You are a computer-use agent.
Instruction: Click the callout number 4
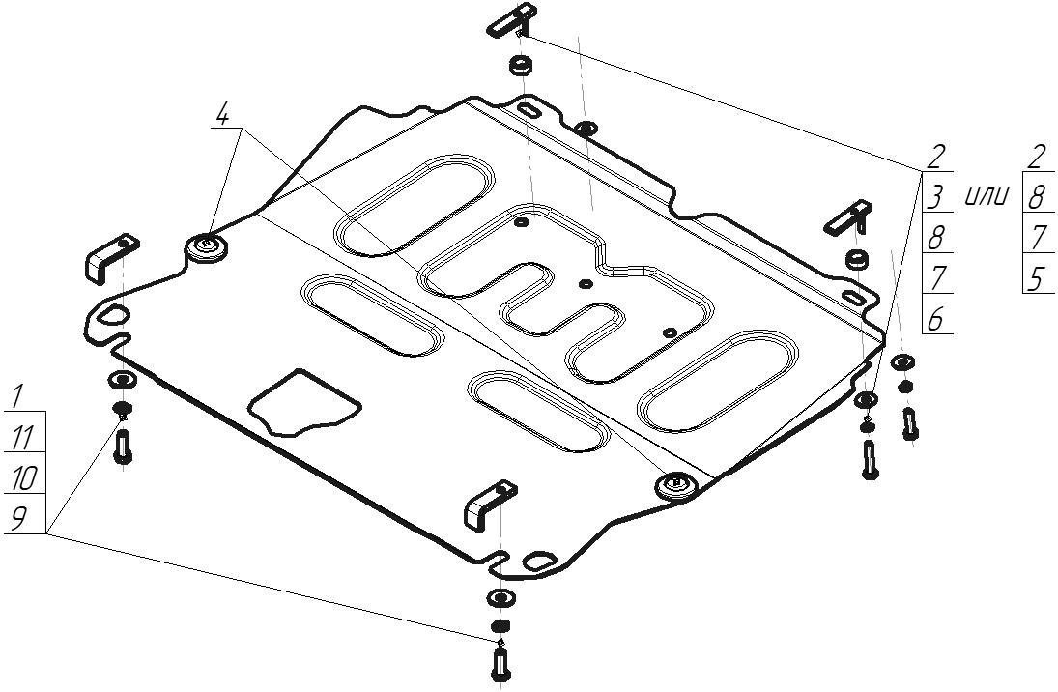click(222, 114)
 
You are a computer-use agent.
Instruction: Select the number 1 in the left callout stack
click(17, 397)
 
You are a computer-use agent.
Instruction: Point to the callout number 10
click(23, 478)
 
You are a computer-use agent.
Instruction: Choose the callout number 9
click(18, 518)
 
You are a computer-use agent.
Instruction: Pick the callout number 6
click(935, 319)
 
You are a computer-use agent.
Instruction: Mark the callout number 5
click(1036, 278)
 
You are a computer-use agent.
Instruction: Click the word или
click(987, 197)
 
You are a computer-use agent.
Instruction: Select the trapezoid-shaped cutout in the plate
click(303, 402)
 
